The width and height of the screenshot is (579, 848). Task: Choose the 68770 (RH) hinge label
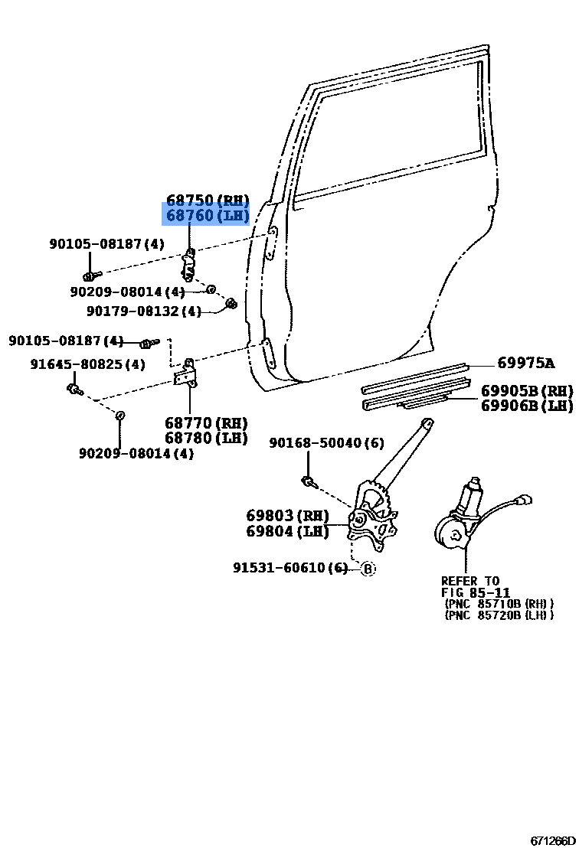coord(206,422)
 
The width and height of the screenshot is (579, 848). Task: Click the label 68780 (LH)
coord(206,438)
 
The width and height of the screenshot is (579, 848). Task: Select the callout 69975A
coord(525,363)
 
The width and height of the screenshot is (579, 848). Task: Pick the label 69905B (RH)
coord(527,390)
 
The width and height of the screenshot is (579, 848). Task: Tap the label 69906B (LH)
coord(527,406)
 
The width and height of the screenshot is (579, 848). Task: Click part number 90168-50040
coord(326,442)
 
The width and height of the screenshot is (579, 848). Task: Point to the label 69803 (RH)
coord(287,516)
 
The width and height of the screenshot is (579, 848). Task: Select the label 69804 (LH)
coord(287,531)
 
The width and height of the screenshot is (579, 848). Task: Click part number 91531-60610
coord(290,568)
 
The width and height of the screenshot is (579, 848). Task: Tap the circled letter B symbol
coord(368,569)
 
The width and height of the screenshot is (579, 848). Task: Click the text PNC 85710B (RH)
coord(499,604)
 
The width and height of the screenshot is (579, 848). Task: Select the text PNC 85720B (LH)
coord(499,615)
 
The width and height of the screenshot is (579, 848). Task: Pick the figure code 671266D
coord(552,840)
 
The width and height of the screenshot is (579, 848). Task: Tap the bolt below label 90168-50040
coord(308,481)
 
